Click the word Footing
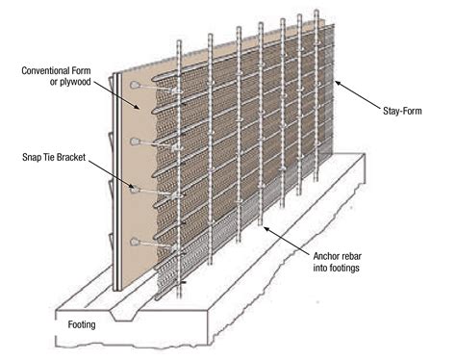point(82,324)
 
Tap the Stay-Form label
point(402,112)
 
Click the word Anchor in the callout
point(323,256)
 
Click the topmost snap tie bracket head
point(135,85)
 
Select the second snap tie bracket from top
point(135,141)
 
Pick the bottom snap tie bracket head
point(135,242)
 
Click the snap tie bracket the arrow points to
point(135,189)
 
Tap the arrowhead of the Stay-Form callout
point(338,83)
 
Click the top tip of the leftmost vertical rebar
point(179,40)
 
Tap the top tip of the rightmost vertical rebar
point(317,11)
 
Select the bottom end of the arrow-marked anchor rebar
point(261,224)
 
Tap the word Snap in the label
point(31,157)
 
